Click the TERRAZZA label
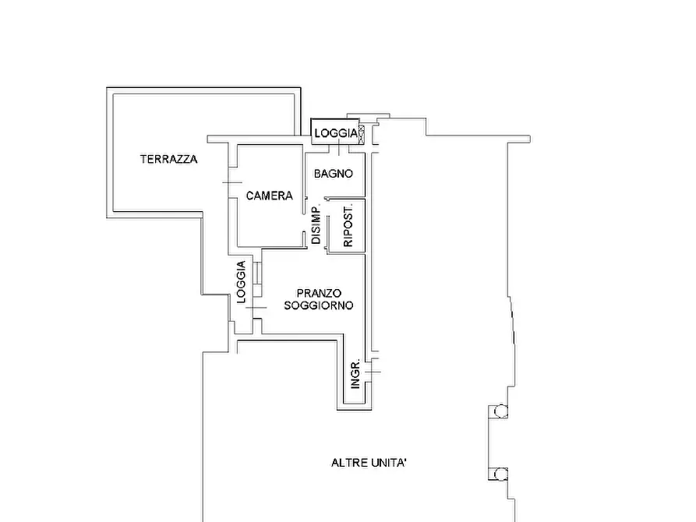tap(168, 159)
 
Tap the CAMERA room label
tap(270, 196)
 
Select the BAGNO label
tap(334, 174)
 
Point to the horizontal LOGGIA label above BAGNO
tap(336, 133)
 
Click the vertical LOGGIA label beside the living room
tap(241, 282)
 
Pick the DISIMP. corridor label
tap(316, 225)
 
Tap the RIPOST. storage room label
tap(348, 225)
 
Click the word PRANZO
tap(319, 294)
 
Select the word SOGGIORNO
tap(319, 305)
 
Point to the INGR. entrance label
tap(355, 375)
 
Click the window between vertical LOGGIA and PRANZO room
tap(257, 279)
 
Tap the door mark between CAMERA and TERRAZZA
tap(232, 182)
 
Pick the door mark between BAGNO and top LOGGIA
tap(339, 148)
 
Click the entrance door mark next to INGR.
tap(373, 372)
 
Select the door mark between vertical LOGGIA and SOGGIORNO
tap(256, 308)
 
